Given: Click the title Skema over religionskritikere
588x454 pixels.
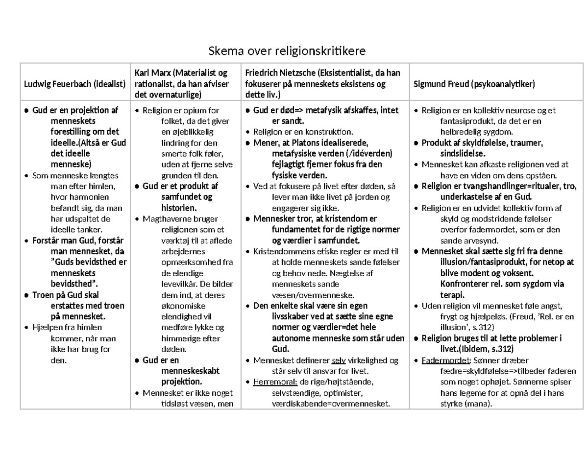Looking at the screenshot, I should [x=287, y=50].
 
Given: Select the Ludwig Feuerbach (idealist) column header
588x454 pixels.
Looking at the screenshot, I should [x=74, y=84].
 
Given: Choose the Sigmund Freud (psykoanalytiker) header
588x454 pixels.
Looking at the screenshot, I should [x=474, y=84].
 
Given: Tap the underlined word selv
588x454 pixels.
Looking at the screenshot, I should [x=339, y=361].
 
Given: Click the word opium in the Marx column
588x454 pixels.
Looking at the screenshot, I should [x=194, y=111].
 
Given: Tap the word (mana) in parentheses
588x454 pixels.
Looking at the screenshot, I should [x=480, y=404].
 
